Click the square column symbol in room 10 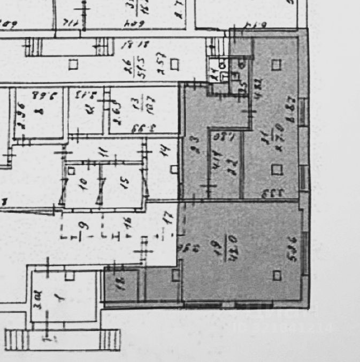[71, 171]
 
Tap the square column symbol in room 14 [174, 169]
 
